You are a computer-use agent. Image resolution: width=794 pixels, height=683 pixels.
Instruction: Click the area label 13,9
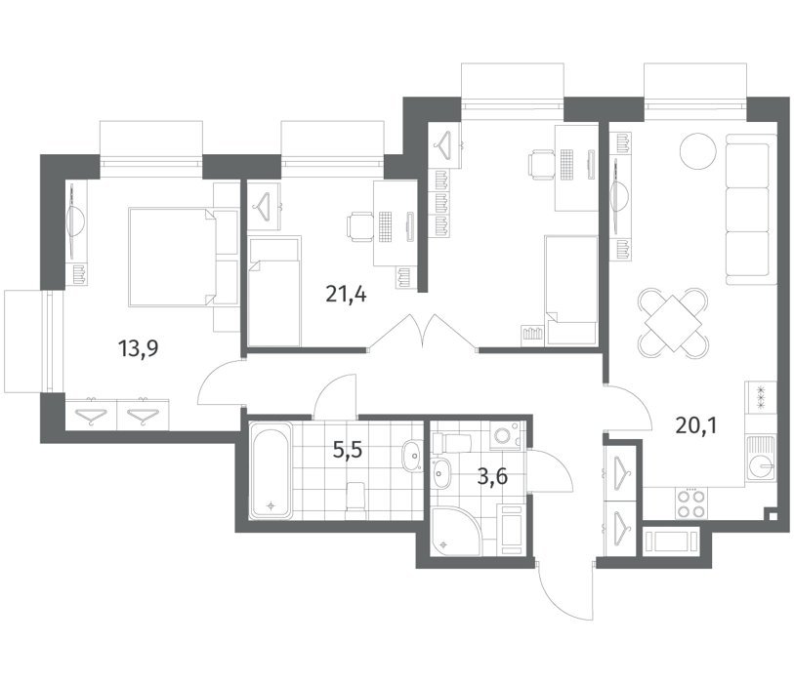coord(138,348)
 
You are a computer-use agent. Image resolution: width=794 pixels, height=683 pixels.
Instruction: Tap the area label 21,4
coord(347,294)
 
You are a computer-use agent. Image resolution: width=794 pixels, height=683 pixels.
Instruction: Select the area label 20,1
coord(696,426)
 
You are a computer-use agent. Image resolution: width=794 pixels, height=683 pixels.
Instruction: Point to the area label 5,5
coord(348,449)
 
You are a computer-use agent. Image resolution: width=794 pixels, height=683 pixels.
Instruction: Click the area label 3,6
coord(492,476)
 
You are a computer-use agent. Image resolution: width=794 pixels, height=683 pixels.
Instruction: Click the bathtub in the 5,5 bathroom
coord(271,470)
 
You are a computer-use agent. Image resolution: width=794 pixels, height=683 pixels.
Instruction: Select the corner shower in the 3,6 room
coord(454,530)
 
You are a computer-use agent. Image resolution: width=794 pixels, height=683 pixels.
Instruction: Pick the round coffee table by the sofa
coord(698,151)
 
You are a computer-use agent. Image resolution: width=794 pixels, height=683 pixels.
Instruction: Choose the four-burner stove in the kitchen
coord(691,502)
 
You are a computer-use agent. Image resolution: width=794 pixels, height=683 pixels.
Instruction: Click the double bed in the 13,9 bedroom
coord(184,257)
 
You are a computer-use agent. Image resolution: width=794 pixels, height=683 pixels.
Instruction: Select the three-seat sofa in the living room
coord(751,209)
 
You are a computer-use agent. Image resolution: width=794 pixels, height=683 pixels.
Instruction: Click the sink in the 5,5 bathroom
coord(413,457)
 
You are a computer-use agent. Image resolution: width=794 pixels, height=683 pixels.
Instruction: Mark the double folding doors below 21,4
coord(422,332)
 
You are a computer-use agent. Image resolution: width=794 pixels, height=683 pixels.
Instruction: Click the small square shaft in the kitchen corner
coord(773,516)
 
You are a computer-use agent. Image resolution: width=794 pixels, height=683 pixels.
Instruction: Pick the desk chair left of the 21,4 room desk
coord(360,226)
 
